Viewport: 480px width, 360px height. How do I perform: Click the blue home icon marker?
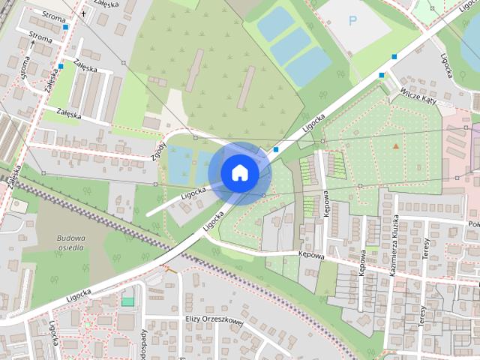point(239,172)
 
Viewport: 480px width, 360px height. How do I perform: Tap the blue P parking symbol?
point(353,22)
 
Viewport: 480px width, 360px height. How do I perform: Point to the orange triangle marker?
point(395,145)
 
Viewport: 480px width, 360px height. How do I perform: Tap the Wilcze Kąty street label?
point(419,98)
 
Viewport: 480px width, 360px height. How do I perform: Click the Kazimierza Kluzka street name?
point(393,247)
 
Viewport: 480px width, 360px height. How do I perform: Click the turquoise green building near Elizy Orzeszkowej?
point(127,301)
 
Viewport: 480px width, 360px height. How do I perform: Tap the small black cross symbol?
point(83,13)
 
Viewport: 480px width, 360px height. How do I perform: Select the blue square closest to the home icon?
point(276,150)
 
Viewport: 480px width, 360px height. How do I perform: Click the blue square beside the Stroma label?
point(66,27)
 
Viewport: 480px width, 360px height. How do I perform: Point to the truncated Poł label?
point(472,224)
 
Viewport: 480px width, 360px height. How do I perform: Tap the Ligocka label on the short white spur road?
point(193,193)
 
